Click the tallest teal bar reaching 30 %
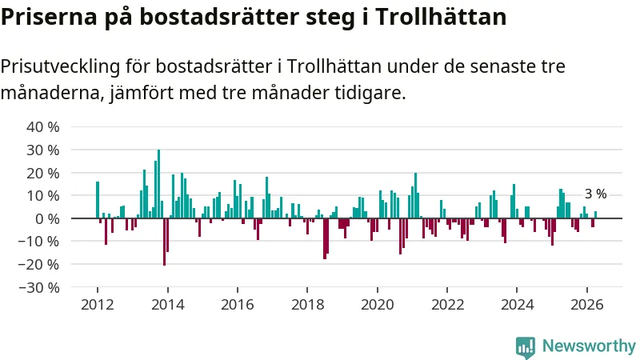coord(158,184)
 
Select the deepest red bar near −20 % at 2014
coord(165,242)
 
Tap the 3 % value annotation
coord(595,194)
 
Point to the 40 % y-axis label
coord(43,127)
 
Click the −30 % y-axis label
coord(39,288)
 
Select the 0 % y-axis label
coord(47,219)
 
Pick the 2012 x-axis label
coord(97,305)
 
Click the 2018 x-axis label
coord(307,305)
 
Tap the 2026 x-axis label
coord(587,305)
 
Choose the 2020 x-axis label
coord(377,305)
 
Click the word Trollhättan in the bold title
coord(441,17)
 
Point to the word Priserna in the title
coord(49,17)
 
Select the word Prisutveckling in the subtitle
coord(61,66)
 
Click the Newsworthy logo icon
coord(526,348)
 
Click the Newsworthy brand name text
coord(589,346)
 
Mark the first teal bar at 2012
coord(98,200)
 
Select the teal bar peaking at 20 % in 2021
coord(415,195)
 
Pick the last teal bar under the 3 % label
coord(595,214)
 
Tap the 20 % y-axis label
coord(43,173)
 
